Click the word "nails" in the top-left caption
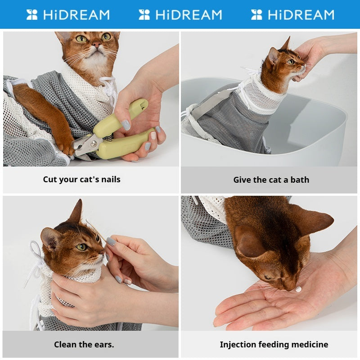pos(111,179)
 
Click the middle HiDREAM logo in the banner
pos(180,15)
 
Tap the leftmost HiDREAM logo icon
pos(31,15)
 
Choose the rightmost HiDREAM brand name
pos(301,15)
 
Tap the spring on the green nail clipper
pos(109,138)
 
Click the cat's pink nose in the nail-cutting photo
pos(97,44)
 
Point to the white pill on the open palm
pos(298,289)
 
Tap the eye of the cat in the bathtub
pos(291,62)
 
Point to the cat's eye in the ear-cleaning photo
pos(81,247)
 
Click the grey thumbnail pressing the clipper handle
pos(126,125)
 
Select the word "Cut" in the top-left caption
pos(49,179)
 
